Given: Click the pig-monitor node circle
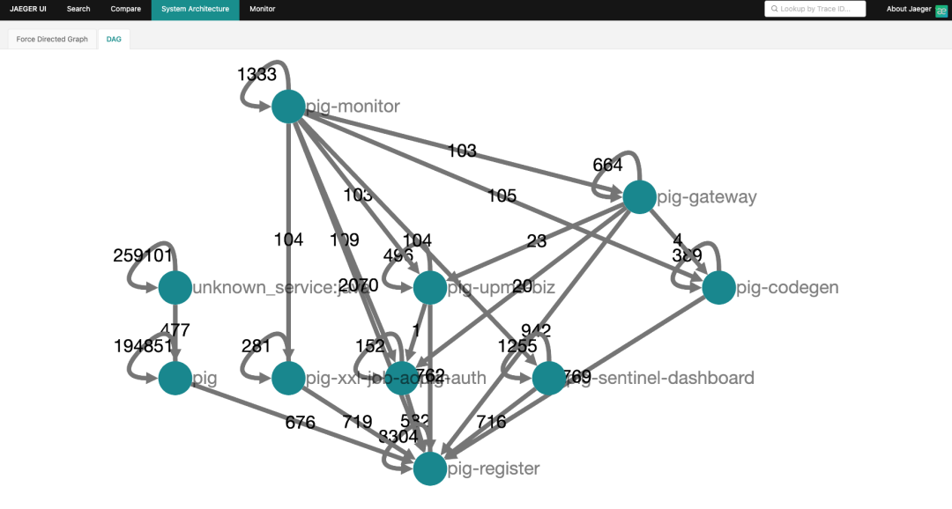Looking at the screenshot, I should [288, 107].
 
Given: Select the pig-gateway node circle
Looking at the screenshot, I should [639, 196].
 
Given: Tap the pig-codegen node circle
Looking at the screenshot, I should [718, 288].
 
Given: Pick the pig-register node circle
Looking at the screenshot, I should [429, 468].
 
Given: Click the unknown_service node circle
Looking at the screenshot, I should [175, 287].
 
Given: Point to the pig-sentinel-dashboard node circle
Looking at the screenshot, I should [548, 378].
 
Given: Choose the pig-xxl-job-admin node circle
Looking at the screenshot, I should [288, 378].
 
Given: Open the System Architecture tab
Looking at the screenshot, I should [195, 9].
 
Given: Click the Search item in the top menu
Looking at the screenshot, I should [78, 9].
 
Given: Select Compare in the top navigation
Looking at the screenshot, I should [125, 9].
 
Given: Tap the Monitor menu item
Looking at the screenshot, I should [262, 9].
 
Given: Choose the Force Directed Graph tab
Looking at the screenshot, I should [52, 39].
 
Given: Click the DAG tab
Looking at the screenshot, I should [114, 39].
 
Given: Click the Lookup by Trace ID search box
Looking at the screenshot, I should [815, 9].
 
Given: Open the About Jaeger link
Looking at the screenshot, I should [909, 9].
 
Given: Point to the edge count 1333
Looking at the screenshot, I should [257, 75].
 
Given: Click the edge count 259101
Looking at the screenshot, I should [143, 255].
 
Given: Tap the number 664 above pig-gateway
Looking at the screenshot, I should [607, 165].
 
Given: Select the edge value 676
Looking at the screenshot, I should [300, 423].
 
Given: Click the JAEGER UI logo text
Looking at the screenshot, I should [28, 9].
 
